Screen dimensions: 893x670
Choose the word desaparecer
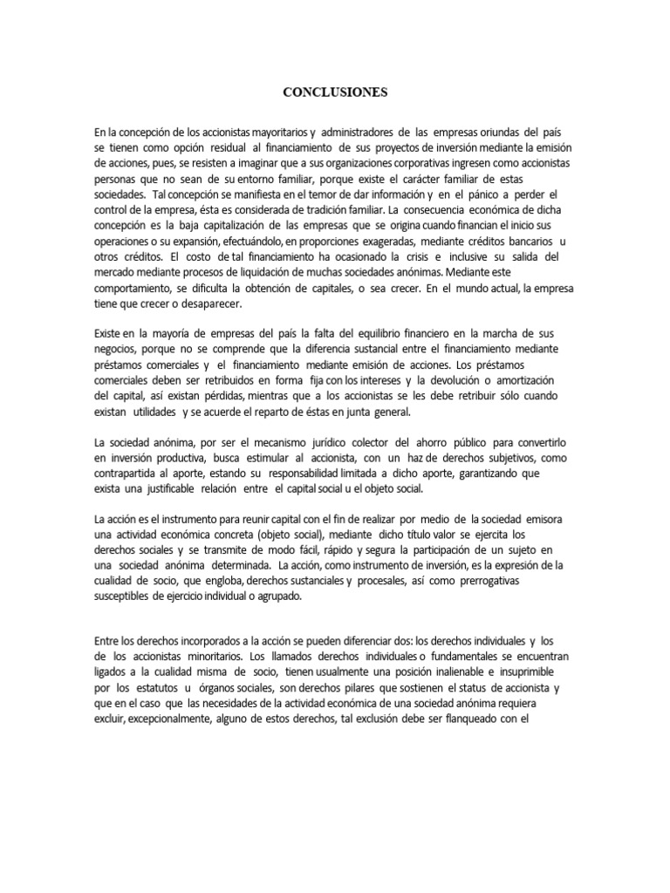point(218,304)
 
